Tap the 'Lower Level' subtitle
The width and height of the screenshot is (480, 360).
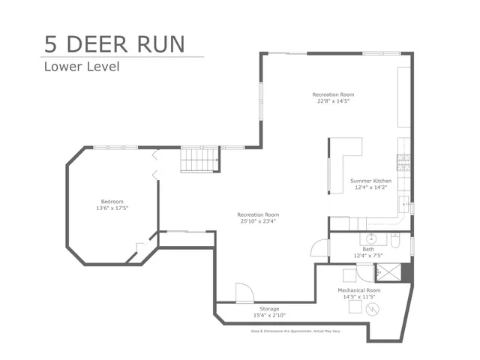coord(81,66)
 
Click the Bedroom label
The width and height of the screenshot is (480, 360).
coord(112,202)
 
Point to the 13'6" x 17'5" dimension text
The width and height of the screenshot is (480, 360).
coord(112,208)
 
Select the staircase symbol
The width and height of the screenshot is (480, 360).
coord(199,159)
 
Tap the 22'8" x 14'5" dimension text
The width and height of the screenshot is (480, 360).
coord(333,101)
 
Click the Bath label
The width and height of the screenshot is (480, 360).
coord(368,249)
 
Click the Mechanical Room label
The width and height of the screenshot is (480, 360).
coord(358,289)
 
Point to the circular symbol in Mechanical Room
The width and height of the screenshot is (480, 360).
coord(373,307)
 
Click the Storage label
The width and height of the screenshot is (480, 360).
coord(269,309)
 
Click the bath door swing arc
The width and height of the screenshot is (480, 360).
coord(319,247)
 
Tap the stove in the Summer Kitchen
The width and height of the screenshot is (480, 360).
coord(403,161)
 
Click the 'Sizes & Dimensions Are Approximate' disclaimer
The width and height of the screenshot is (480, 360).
coord(295,331)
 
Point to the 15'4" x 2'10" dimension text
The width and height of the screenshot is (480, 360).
coord(269,316)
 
